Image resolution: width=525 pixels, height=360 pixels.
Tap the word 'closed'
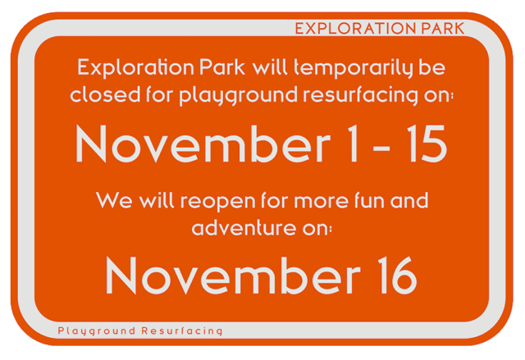coord(105,94)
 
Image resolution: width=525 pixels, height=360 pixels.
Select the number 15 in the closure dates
coord(427,144)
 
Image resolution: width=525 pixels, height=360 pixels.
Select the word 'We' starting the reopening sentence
coord(114,200)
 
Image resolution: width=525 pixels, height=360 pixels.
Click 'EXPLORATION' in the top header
coord(355,29)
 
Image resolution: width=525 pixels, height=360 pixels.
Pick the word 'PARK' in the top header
coord(443,29)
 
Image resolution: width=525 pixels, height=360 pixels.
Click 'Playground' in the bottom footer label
coord(97,331)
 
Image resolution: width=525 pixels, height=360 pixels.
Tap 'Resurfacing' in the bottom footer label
coord(182,331)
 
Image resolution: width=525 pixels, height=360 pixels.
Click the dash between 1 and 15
coord(381,148)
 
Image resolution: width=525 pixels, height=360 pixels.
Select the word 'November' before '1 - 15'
coord(203,144)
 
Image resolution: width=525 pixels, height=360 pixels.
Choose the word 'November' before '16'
coord(233,276)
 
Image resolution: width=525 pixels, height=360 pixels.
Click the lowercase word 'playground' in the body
coord(238,95)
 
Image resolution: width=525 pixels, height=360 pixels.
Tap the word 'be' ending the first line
coord(432,67)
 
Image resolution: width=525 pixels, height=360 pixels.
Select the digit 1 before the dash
coord(353,144)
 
